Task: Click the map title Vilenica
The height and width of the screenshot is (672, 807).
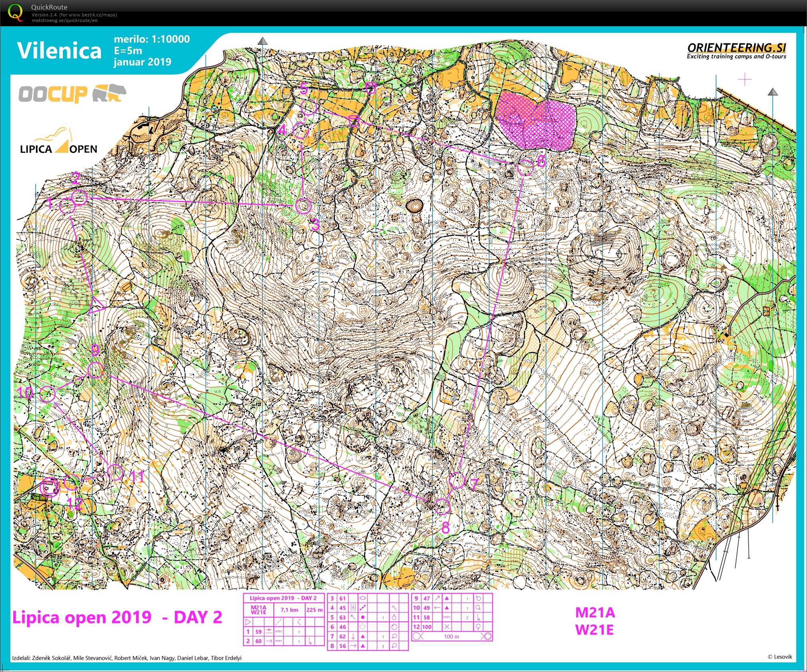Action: pyautogui.click(x=59, y=51)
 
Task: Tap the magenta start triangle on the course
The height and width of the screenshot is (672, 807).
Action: pyautogui.click(x=96, y=305)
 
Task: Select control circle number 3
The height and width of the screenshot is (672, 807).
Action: pyautogui.click(x=303, y=206)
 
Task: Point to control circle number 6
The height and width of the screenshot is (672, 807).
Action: pyautogui.click(x=525, y=168)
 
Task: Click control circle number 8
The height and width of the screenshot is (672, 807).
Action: pyautogui.click(x=442, y=506)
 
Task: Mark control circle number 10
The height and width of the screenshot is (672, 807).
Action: pyautogui.click(x=48, y=394)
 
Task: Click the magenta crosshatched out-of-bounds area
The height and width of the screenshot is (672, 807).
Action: pyautogui.click(x=536, y=120)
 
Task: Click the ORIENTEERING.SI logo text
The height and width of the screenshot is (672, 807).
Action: pyautogui.click(x=736, y=48)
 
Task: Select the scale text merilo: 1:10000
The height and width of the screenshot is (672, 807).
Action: pyautogui.click(x=152, y=39)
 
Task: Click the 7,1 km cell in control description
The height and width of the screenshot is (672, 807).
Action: pyautogui.click(x=289, y=610)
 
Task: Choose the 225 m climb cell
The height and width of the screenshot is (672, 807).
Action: pyautogui.click(x=314, y=610)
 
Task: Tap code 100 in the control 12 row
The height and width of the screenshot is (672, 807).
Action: pyautogui.click(x=427, y=627)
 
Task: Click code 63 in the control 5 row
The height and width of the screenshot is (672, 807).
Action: pyautogui.click(x=342, y=618)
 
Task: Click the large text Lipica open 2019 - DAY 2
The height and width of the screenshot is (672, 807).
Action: pyautogui.click(x=117, y=617)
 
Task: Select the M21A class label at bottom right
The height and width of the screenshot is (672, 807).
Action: pyautogui.click(x=595, y=612)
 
